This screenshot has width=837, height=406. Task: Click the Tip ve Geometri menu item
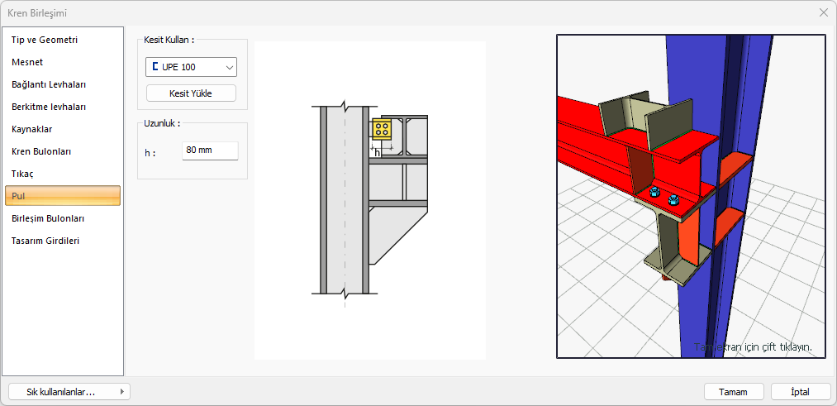pos(45,40)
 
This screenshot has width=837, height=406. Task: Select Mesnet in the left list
pos(27,62)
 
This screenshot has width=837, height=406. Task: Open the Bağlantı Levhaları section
pos(49,84)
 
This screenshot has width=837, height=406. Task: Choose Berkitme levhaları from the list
pos(49,107)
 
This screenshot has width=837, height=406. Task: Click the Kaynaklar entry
pos(32,129)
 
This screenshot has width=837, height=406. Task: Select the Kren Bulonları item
pos(41,151)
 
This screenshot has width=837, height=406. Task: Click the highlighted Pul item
pos(63,196)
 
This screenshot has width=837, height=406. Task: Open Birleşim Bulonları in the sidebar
pos(47,218)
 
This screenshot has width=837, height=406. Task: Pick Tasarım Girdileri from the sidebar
pos(45,241)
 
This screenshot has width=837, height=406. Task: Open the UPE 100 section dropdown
pos(191,67)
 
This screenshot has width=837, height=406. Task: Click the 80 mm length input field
pos(210,150)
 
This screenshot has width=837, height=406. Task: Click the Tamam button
pos(734,392)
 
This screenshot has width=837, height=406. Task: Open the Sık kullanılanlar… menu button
pos(69,392)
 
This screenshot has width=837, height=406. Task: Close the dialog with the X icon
pos(823,13)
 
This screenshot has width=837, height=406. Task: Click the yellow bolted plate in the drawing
pos(382,129)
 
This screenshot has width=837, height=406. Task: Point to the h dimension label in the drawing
pos(377,153)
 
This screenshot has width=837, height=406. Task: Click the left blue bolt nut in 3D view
pos(653,193)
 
